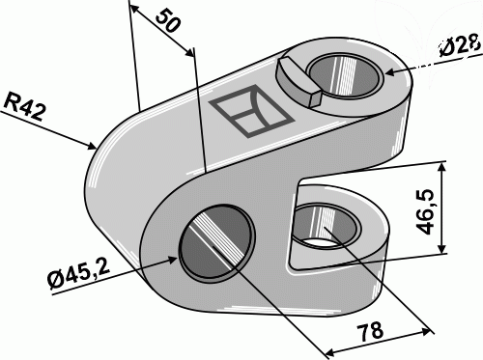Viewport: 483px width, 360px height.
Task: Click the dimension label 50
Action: [167, 24]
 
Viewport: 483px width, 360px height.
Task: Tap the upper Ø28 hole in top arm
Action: [343, 75]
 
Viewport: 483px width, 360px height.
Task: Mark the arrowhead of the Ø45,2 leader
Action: [177, 260]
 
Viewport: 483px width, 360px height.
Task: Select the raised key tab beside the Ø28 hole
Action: [296, 80]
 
